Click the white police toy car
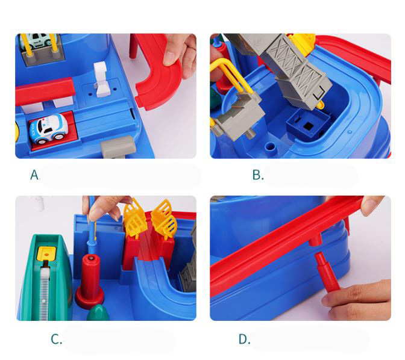[x=49, y=128]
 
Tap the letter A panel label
[x=34, y=175]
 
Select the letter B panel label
[x=257, y=175]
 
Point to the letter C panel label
[x=56, y=339]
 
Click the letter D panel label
[x=244, y=339]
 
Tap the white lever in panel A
[x=101, y=79]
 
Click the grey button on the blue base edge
[x=118, y=147]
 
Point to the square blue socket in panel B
[x=308, y=125]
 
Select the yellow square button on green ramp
[x=46, y=254]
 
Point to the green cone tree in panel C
[x=98, y=313]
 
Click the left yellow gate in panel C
[x=135, y=217]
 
